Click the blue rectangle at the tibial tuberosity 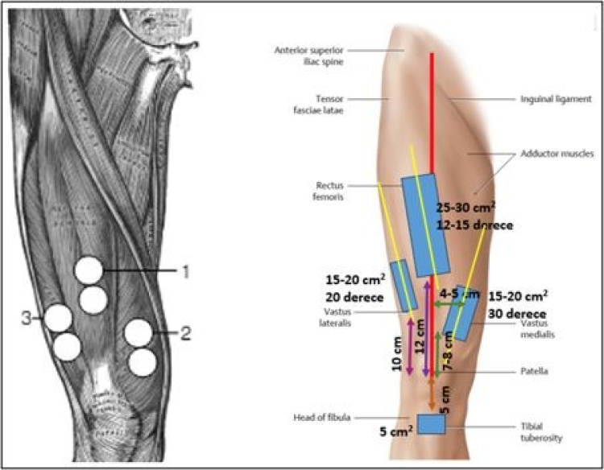pos(432,423)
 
